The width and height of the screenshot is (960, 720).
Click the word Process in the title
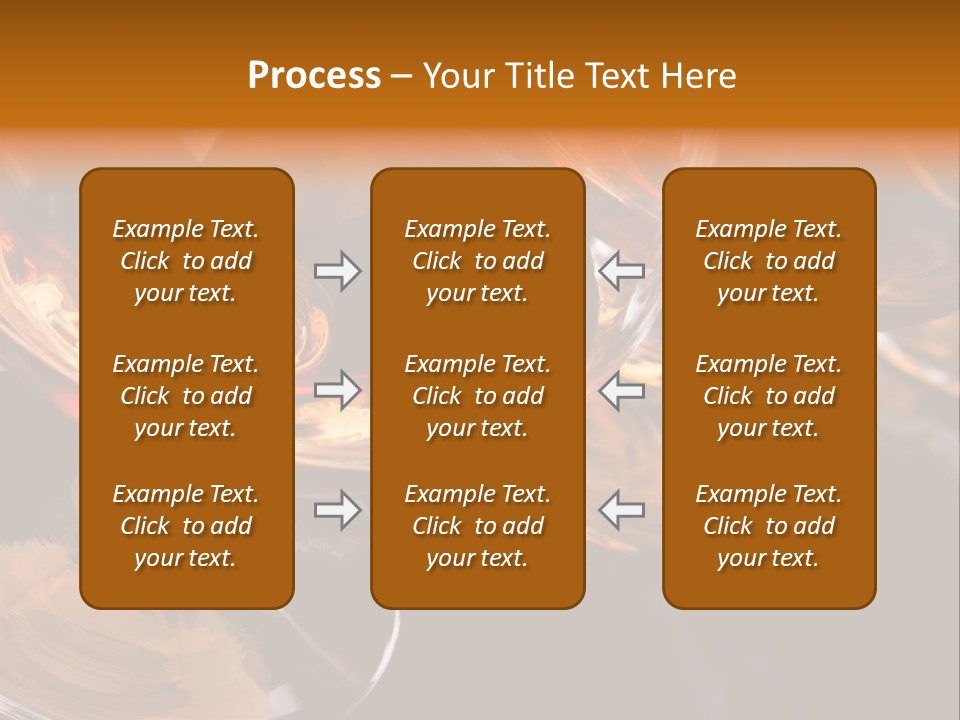click(x=314, y=76)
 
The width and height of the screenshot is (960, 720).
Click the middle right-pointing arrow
click(x=337, y=390)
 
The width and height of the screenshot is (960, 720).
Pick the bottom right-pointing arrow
click(x=337, y=510)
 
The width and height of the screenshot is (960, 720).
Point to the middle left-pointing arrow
click(x=621, y=390)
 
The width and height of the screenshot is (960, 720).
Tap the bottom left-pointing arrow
click(x=621, y=510)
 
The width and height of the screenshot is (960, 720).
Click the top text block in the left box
click(x=186, y=261)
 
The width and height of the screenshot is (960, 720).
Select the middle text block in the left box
click(x=186, y=396)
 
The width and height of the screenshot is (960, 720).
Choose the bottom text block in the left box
click(x=186, y=526)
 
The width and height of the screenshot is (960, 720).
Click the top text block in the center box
click(x=478, y=261)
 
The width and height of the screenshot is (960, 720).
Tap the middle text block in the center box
click(x=478, y=396)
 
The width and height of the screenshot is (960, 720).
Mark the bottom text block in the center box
click(x=478, y=526)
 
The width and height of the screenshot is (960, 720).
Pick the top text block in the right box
click(x=769, y=261)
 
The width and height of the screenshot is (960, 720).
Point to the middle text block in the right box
click(x=769, y=396)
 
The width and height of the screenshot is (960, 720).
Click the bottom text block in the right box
click(x=769, y=526)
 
